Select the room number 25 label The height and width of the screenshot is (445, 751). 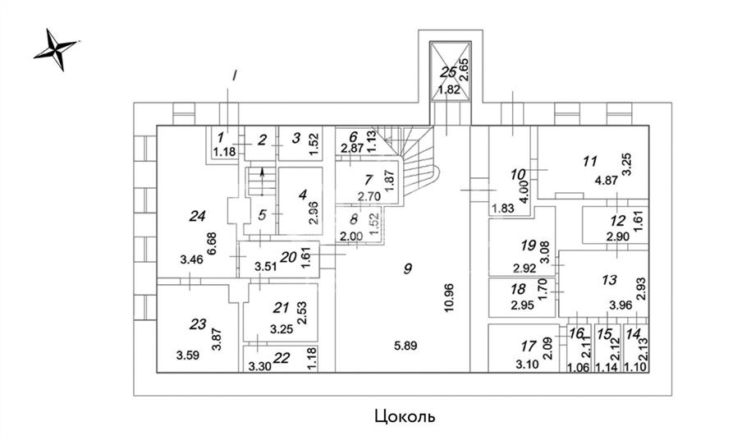pyautogui.click(x=448, y=72)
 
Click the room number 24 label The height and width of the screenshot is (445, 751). pyautogui.click(x=196, y=217)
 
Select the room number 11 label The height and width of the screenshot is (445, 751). pyautogui.click(x=588, y=161)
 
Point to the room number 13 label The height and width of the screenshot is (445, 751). pyautogui.click(x=609, y=280)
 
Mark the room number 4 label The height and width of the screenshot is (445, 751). pyautogui.click(x=302, y=195)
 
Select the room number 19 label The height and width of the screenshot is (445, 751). pyautogui.click(x=528, y=244)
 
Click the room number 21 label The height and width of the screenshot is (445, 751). pyautogui.click(x=282, y=308)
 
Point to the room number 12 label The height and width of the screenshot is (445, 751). pyautogui.click(x=618, y=220)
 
